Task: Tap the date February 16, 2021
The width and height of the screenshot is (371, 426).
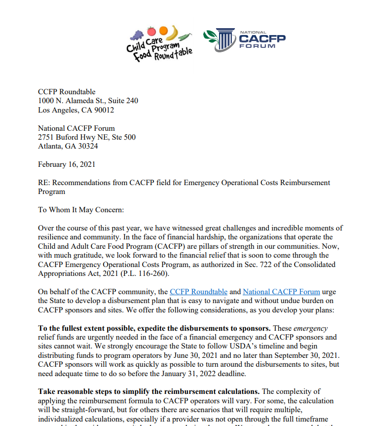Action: pos(67,164)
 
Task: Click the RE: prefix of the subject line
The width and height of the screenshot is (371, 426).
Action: pos(44,183)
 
